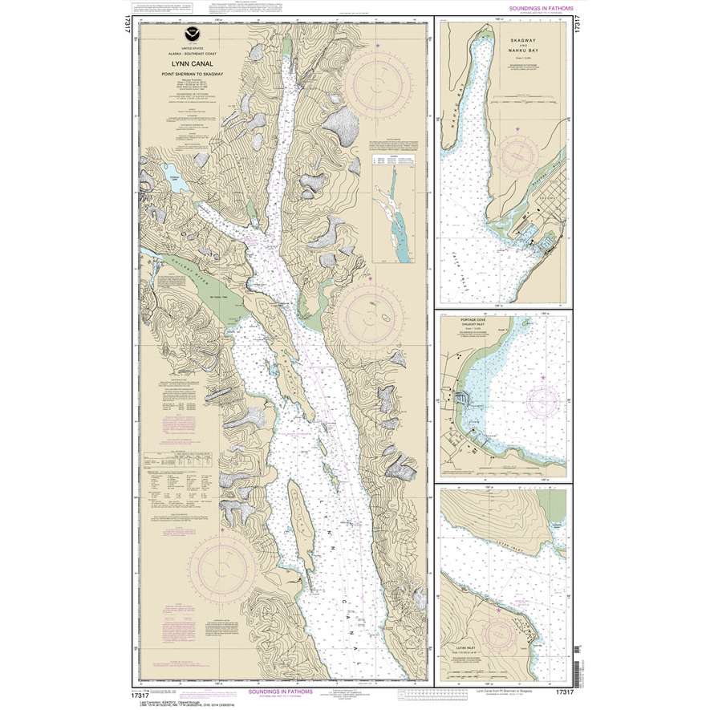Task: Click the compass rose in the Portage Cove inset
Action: point(540,399)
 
